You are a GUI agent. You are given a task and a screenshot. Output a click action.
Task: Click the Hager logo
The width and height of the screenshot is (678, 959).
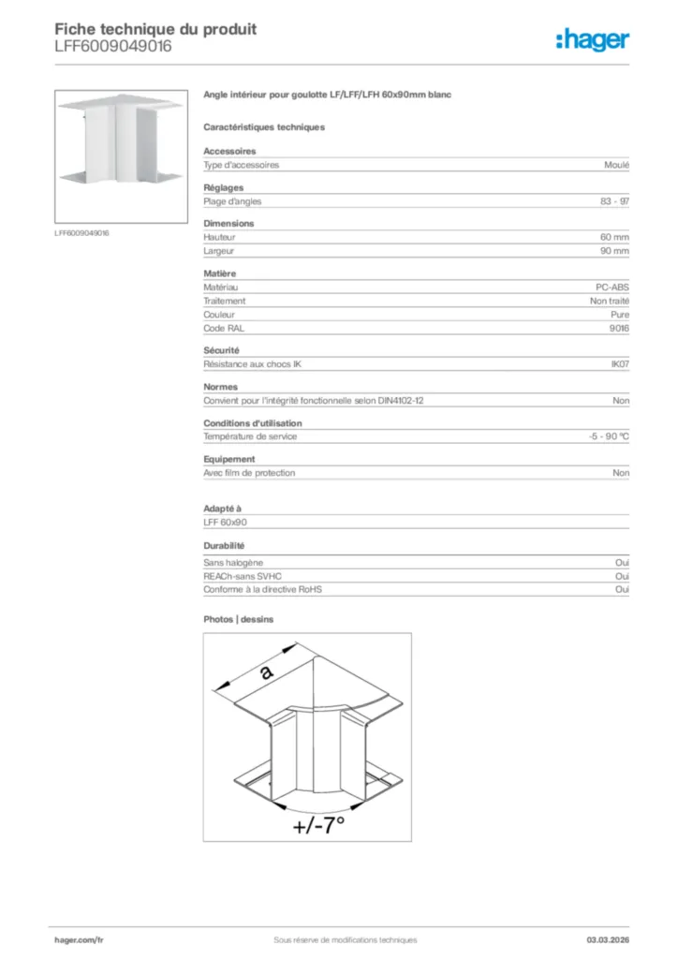tap(592, 39)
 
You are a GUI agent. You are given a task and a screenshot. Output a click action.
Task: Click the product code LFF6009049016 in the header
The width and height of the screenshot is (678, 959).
tap(113, 47)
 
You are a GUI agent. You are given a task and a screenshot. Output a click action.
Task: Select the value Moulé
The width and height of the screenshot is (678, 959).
tap(617, 165)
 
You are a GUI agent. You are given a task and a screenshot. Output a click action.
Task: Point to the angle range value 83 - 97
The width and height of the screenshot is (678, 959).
tap(614, 201)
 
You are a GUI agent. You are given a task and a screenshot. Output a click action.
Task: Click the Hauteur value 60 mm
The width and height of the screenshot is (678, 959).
tap(614, 238)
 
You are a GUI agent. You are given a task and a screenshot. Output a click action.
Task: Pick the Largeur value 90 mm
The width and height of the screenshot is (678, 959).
tap(614, 251)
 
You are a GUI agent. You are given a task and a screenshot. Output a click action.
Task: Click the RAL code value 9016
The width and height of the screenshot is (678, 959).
tap(619, 329)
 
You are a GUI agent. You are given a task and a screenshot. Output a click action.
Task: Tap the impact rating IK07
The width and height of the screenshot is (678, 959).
tap(620, 364)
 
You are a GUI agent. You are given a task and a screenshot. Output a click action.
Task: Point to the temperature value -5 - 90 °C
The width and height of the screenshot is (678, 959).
tap(602, 437)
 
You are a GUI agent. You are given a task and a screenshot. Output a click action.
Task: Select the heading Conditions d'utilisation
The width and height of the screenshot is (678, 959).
tap(252, 423)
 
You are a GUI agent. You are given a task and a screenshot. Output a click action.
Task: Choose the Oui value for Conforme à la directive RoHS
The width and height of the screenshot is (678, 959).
tap(622, 590)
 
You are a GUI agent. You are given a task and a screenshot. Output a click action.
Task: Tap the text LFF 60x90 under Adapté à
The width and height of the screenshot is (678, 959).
tap(225, 523)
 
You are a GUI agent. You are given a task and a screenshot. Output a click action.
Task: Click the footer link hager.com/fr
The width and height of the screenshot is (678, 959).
tap(79, 939)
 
